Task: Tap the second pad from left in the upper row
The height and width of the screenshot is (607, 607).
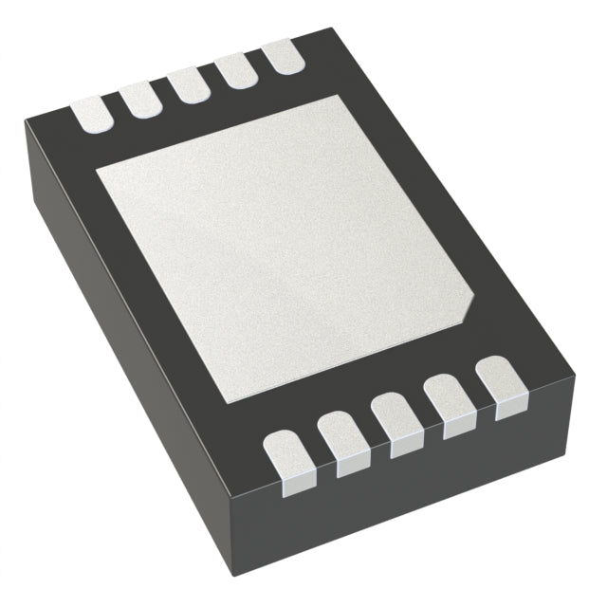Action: [141, 100]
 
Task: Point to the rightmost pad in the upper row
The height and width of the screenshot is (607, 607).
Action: [283, 54]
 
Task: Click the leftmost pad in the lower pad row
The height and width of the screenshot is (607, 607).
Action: [285, 459]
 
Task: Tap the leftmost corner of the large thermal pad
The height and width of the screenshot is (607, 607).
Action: [98, 171]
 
